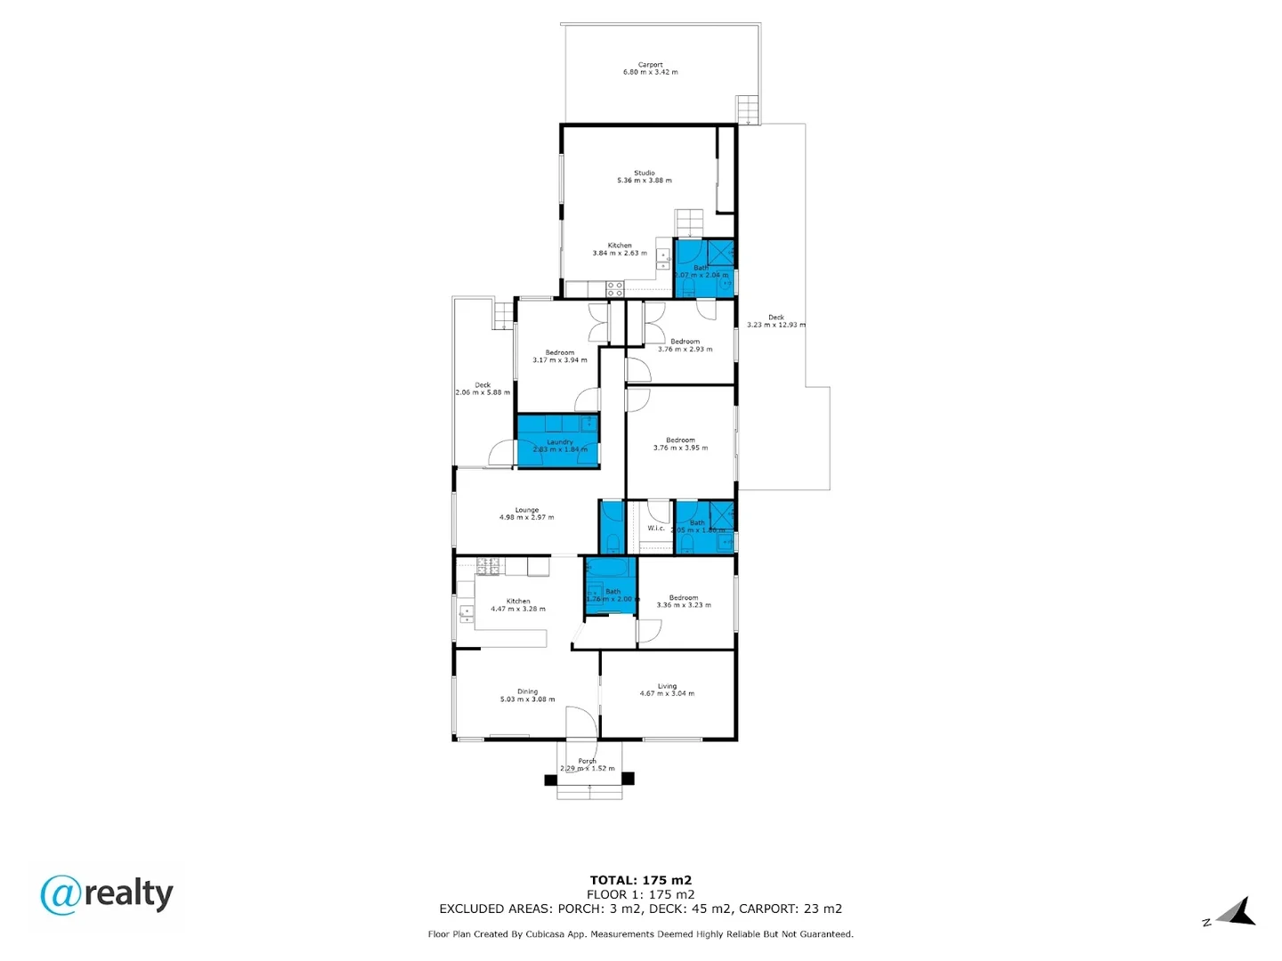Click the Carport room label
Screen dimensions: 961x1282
[x=650, y=69]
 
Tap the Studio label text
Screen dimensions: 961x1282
[x=645, y=176]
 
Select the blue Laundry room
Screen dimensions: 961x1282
[x=558, y=441]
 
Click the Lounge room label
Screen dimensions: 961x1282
[x=526, y=513]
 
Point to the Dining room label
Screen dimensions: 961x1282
[x=527, y=695]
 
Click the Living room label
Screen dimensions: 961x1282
[x=667, y=690]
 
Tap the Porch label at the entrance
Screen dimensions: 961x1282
[x=587, y=764]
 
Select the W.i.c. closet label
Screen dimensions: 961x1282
[x=656, y=528]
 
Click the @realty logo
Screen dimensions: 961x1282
[x=107, y=894]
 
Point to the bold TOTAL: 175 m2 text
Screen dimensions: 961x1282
[x=640, y=880]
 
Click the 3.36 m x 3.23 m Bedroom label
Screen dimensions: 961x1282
[x=684, y=602]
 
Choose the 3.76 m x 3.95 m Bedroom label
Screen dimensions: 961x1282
[x=680, y=444]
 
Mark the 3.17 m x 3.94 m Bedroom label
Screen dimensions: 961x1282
[x=560, y=356]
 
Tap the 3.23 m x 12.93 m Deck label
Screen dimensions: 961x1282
[x=776, y=320]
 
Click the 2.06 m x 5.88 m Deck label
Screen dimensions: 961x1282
[x=483, y=389]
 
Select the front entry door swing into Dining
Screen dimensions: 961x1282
[x=580, y=723]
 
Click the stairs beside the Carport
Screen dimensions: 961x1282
[x=749, y=110]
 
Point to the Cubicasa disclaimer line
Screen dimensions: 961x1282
[x=640, y=934]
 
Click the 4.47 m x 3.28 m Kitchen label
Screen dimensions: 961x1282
[x=518, y=605]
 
